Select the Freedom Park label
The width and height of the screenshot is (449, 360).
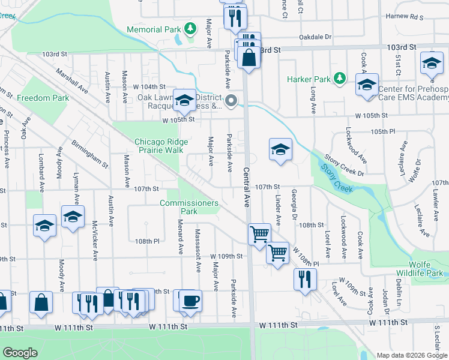[x=43, y=98]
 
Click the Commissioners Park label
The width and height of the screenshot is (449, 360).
[x=188, y=207]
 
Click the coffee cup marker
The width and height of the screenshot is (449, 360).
[x=191, y=299]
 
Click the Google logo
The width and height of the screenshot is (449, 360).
[x=20, y=353]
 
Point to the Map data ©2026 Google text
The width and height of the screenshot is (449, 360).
[x=412, y=355]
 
